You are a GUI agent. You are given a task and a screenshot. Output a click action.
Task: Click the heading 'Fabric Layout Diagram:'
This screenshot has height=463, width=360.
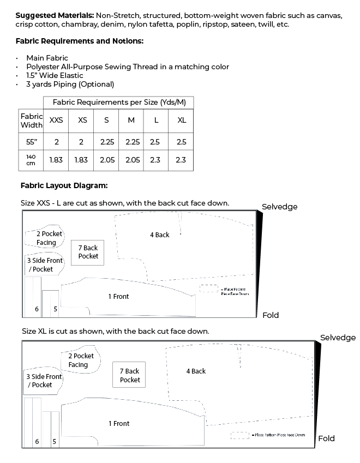tap(64, 185)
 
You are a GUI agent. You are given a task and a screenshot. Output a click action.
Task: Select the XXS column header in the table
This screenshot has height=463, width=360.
tap(56, 121)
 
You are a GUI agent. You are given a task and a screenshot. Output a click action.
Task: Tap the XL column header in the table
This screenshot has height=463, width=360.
tap(182, 121)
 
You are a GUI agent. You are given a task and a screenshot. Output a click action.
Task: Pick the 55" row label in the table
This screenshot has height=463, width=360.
tap(31, 142)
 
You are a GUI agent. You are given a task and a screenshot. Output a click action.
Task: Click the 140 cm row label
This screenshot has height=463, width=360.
tap(31, 160)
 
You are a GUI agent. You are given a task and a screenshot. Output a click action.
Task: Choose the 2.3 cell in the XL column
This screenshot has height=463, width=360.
tap(182, 160)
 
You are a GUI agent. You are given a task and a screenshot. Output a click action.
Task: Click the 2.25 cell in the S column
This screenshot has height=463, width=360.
tap(107, 142)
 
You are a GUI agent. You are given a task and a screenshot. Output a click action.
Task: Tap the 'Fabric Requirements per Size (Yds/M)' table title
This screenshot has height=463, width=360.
tap(118, 103)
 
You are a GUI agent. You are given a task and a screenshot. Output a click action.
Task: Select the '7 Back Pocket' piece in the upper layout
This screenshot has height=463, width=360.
tap(88, 252)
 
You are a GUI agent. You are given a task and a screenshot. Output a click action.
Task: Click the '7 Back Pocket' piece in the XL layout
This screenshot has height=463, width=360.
tap(130, 375)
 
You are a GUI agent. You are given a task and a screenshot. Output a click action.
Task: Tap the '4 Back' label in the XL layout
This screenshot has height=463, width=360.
tap(196, 371)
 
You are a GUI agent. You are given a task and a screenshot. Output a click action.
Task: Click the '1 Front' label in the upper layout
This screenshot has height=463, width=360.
tap(118, 297)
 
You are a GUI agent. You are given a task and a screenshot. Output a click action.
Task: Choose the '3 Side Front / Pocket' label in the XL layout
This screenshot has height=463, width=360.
tap(44, 381)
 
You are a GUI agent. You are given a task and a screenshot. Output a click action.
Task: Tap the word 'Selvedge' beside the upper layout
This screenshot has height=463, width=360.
tap(279, 207)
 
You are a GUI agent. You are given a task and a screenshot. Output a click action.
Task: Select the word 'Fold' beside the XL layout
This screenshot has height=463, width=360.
tap(326, 438)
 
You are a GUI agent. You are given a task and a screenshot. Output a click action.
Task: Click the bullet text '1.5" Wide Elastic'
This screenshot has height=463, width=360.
tap(55, 75)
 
